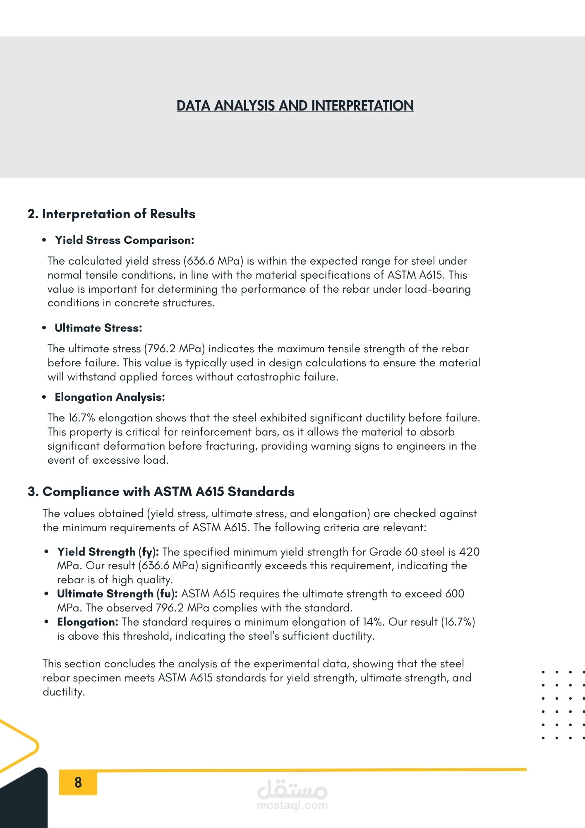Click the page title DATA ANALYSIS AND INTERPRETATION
click(x=295, y=106)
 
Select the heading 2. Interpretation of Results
click(x=111, y=214)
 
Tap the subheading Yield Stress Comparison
click(x=125, y=240)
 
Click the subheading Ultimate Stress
click(x=98, y=328)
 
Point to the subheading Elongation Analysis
click(x=110, y=397)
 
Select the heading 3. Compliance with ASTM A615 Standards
click(x=161, y=491)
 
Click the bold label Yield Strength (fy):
click(x=108, y=552)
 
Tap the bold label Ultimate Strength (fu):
click(x=117, y=594)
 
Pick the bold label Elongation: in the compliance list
click(x=88, y=622)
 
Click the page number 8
click(x=78, y=782)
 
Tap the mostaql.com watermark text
click(x=292, y=805)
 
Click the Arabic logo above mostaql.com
click(x=292, y=789)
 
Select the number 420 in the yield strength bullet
click(x=469, y=552)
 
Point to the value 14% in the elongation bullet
click(x=372, y=622)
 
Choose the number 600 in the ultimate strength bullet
click(x=455, y=594)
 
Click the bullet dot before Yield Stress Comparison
click(x=44, y=240)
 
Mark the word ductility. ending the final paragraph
click(x=64, y=692)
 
